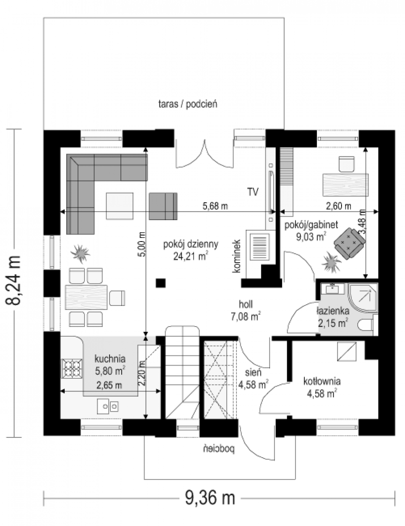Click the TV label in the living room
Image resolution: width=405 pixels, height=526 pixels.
[x=253, y=192]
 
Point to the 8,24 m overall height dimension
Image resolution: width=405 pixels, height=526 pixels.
[x=13, y=284]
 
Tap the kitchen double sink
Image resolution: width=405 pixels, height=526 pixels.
[x=108, y=406]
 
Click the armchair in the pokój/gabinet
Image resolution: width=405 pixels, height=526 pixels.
[x=349, y=244]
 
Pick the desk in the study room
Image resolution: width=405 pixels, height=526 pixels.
[x=345, y=185]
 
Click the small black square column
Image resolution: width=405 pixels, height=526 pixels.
[x=161, y=283]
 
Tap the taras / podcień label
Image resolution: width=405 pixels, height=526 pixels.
[x=188, y=104]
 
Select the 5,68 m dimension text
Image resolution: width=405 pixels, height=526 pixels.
[x=215, y=206]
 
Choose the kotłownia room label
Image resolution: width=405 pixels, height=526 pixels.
[x=322, y=381]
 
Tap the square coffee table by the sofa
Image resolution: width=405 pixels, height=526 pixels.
[x=120, y=206]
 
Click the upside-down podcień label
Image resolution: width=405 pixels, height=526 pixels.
[x=219, y=449]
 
